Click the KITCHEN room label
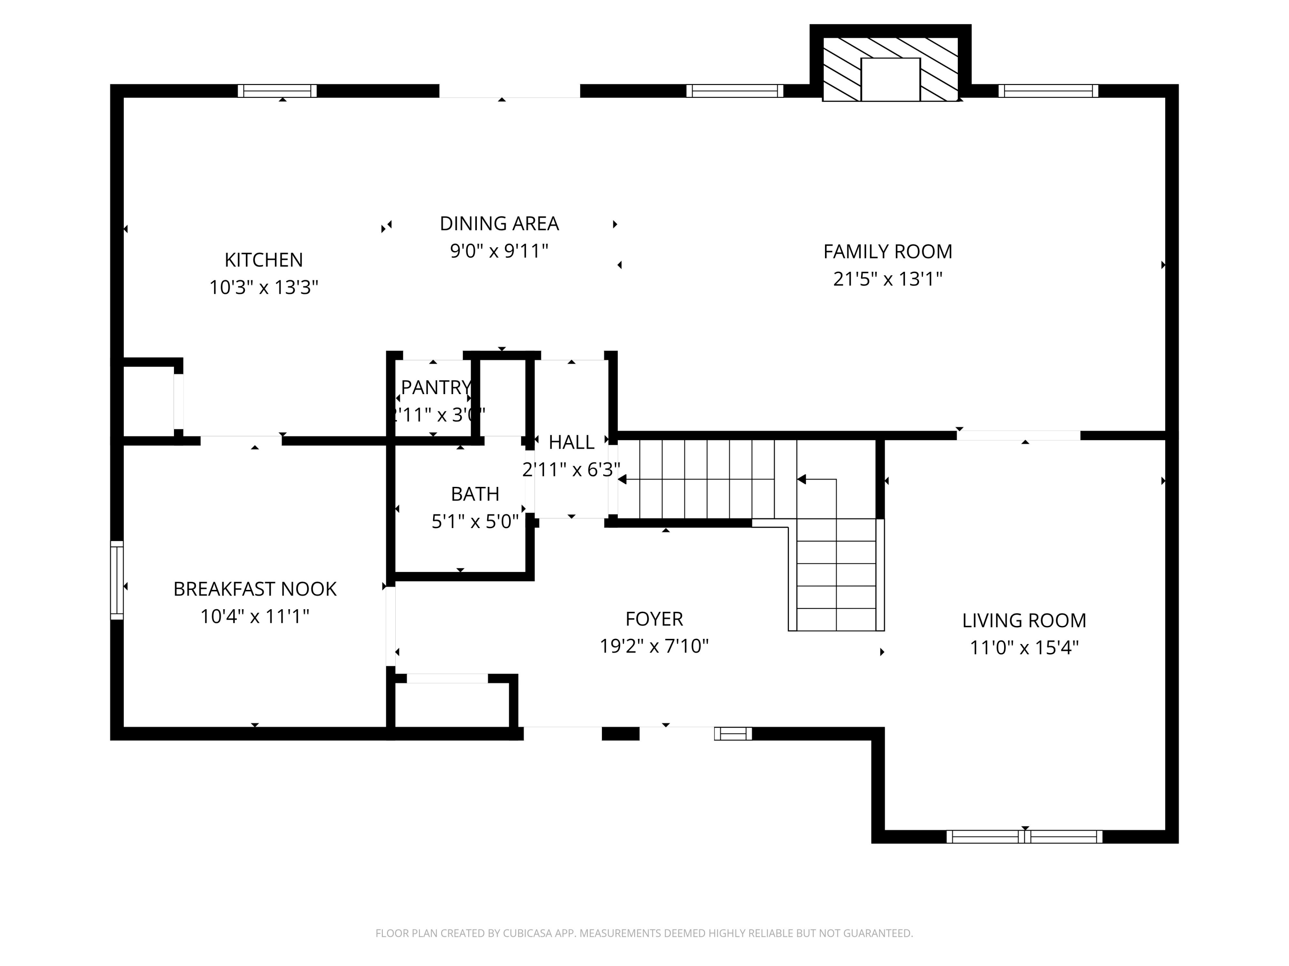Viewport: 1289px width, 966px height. pyautogui.click(x=263, y=260)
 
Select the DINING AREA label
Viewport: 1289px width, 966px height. pyautogui.click(x=499, y=224)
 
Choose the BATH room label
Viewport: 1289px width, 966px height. pyautogui.click(x=474, y=494)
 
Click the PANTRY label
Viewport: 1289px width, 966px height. pyautogui.click(x=435, y=387)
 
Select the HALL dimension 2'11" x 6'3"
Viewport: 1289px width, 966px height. pyautogui.click(x=571, y=469)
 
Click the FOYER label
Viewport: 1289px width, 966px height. pyautogui.click(x=654, y=618)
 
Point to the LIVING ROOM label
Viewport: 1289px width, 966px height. pyautogui.click(x=1024, y=620)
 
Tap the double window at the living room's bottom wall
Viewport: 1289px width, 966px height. pyautogui.click(x=1024, y=837)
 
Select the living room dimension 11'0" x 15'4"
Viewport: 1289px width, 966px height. pyautogui.click(x=1024, y=647)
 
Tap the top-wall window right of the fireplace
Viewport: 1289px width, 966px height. pyautogui.click(x=1048, y=91)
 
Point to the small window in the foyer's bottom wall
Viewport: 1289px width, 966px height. pyautogui.click(x=733, y=733)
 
